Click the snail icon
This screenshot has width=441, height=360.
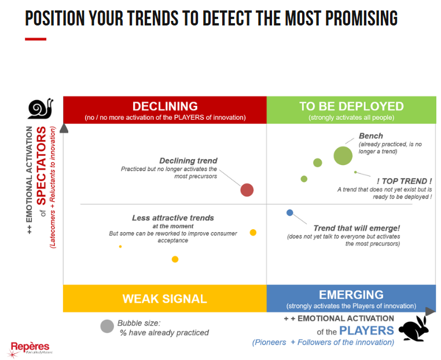(x=40, y=109)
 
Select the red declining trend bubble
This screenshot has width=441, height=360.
(x=247, y=190)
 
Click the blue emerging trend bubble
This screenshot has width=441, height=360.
(x=290, y=212)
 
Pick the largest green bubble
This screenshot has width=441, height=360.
(x=343, y=156)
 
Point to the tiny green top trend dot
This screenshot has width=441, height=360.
(x=355, y=172)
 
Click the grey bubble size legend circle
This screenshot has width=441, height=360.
(x=107, y=326)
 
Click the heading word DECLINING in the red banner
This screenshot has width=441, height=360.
(x=165, y=106)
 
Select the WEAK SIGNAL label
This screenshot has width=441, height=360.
(x=165, y=299)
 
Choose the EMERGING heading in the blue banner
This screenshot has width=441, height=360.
(x=351, y=295)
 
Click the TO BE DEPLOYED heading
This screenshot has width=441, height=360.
(x=351, y=106)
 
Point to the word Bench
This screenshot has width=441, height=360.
(x=371, y=136)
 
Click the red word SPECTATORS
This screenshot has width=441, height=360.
(x=41, y=166)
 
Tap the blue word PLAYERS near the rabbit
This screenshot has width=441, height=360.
(x=366, y=330)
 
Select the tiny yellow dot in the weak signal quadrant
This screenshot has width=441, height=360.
(x=120, y=247)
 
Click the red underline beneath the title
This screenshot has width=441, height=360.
(x=36, y=39)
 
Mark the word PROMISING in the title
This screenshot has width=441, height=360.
(x=361, y=18)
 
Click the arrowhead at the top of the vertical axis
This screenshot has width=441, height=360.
(x=64, y=128)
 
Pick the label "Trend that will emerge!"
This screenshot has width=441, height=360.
(x=357, y=228)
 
